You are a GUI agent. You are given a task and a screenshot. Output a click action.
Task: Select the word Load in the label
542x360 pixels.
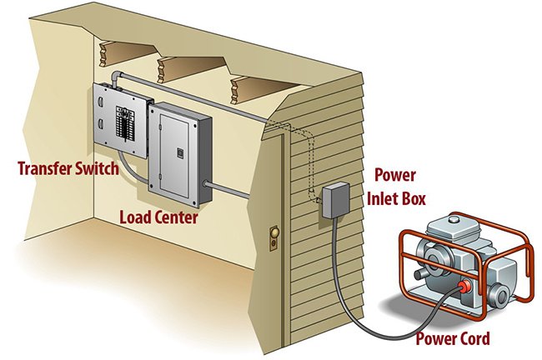pyautogui.click(x=136, y=218)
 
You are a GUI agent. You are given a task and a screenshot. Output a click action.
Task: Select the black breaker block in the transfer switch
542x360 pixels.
pyautogui.click(x=124, y=132)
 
